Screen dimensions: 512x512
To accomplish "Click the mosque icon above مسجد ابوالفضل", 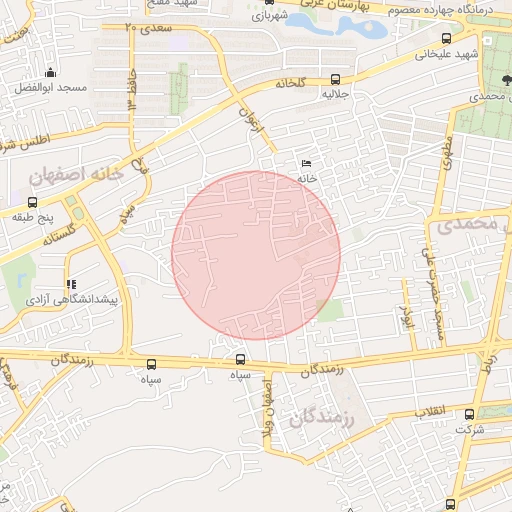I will pos(51,72).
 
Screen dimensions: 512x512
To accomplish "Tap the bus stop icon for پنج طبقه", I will pos(33,201).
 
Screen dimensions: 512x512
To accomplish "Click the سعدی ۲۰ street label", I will pos(149,27).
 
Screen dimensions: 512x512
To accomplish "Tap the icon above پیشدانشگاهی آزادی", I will pos(70,284).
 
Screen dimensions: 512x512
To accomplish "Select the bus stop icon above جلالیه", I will pos(334,79).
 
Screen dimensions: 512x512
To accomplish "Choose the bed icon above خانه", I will pos(306,164).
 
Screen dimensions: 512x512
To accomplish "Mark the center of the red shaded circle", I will pos(256,255).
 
